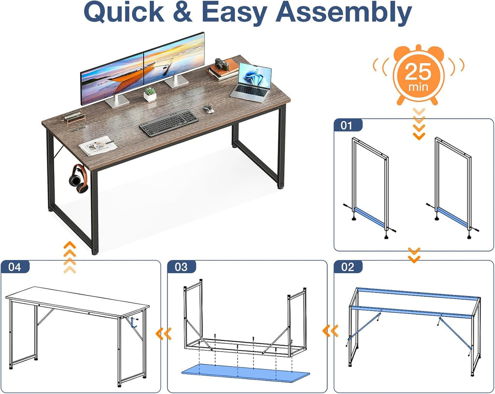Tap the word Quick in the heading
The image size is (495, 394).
[124, 12]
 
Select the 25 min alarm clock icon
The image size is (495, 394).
[418, 74]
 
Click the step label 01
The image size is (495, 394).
[346, 126]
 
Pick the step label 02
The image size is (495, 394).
[348, 267]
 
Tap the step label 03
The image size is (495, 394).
[181, 267]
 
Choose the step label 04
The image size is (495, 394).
[15, 267]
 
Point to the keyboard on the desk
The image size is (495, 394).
[169, 123]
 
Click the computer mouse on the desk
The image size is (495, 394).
[208, 109]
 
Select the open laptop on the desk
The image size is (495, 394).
[251, 83]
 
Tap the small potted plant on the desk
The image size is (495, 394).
[150, 94]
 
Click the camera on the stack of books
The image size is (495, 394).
[222, 64]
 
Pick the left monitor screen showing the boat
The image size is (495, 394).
[112, 79]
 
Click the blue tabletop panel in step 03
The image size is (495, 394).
[245, 373]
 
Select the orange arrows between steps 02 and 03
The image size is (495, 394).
[330, 331]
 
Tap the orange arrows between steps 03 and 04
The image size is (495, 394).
[164, 334]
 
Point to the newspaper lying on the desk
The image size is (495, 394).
[98, 145]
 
